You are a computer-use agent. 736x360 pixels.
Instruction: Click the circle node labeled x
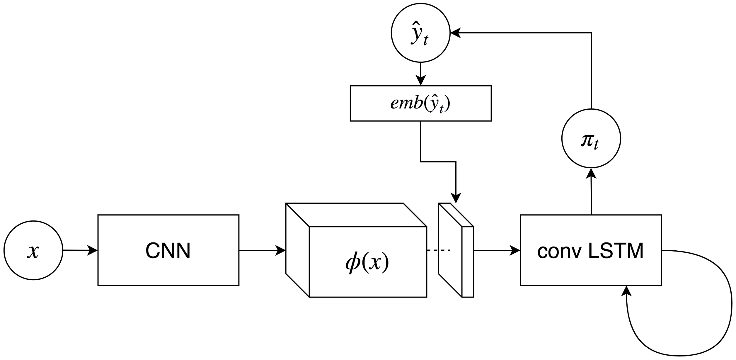coord(33,250)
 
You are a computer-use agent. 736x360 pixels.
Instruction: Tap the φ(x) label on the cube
coord(367,262)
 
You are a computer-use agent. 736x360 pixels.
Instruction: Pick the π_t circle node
coord(591,138)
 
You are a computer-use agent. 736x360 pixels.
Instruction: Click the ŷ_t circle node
coord(420,33)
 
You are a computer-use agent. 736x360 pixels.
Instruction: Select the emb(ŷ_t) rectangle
coord(420,103)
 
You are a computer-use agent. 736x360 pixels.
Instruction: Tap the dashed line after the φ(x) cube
coord(438,250)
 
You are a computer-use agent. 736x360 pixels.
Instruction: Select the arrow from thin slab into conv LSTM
coord(496,250)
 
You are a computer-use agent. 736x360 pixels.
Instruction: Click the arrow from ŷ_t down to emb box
coord(420,73)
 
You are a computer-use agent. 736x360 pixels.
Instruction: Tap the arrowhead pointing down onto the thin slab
coord(456,198)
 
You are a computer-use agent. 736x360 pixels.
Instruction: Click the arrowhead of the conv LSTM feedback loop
coord(626,291)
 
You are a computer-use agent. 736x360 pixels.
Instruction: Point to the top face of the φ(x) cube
coord(356,215)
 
